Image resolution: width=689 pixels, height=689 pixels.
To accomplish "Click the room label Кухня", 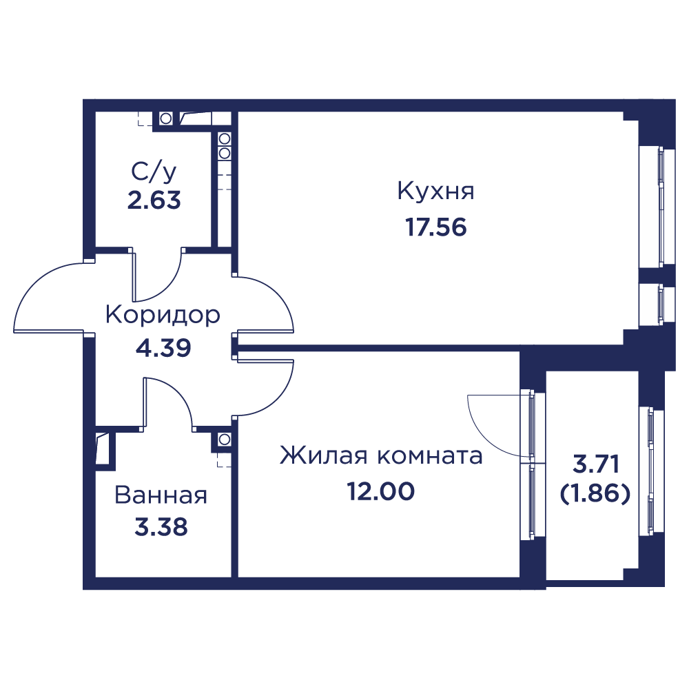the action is coord(435,192).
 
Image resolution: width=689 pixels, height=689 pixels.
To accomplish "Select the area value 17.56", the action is coord(435,227).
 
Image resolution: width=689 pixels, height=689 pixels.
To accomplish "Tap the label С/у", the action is coord(154,172).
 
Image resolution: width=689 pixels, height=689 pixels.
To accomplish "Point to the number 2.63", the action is coord(154,200).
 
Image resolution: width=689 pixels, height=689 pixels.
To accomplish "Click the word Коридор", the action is coord(163,316).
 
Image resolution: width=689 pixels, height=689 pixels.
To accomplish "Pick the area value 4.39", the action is coord(163,348).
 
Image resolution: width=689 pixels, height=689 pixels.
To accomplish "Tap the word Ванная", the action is coord(161,495).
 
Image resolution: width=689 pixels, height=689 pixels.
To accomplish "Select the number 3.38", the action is coord(161,527).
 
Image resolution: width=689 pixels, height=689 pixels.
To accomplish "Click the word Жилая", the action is coord(323,455).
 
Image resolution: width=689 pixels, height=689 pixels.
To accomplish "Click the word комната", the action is coord(430,457).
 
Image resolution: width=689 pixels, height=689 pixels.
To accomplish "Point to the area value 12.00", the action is coord(380,491).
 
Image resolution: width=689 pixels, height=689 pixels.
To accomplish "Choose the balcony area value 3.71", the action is coord(596,464).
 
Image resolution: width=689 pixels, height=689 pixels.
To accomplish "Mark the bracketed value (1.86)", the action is coord(595,494).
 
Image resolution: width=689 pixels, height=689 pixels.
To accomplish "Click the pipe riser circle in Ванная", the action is coord(224,439).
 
